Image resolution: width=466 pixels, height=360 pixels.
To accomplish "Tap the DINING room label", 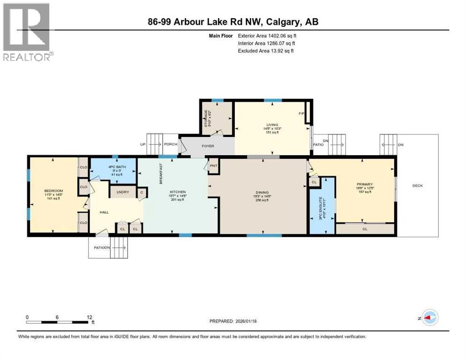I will click(x=262, y=192).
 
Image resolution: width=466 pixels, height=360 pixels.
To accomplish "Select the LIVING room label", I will click(x=272, y=125).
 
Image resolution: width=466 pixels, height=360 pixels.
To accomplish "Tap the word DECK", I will click(x=417, y=186).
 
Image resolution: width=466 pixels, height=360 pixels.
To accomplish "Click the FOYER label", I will click(x=208, y=146).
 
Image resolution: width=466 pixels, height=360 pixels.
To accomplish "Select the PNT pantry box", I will click(x=214, y=165).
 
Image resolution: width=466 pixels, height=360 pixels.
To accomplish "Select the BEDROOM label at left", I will click(x=53, y=191).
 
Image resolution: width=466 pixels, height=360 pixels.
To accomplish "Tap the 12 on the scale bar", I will click(x=90, y=317).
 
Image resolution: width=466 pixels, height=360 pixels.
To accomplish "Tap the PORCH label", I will click(x=171, y=144).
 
